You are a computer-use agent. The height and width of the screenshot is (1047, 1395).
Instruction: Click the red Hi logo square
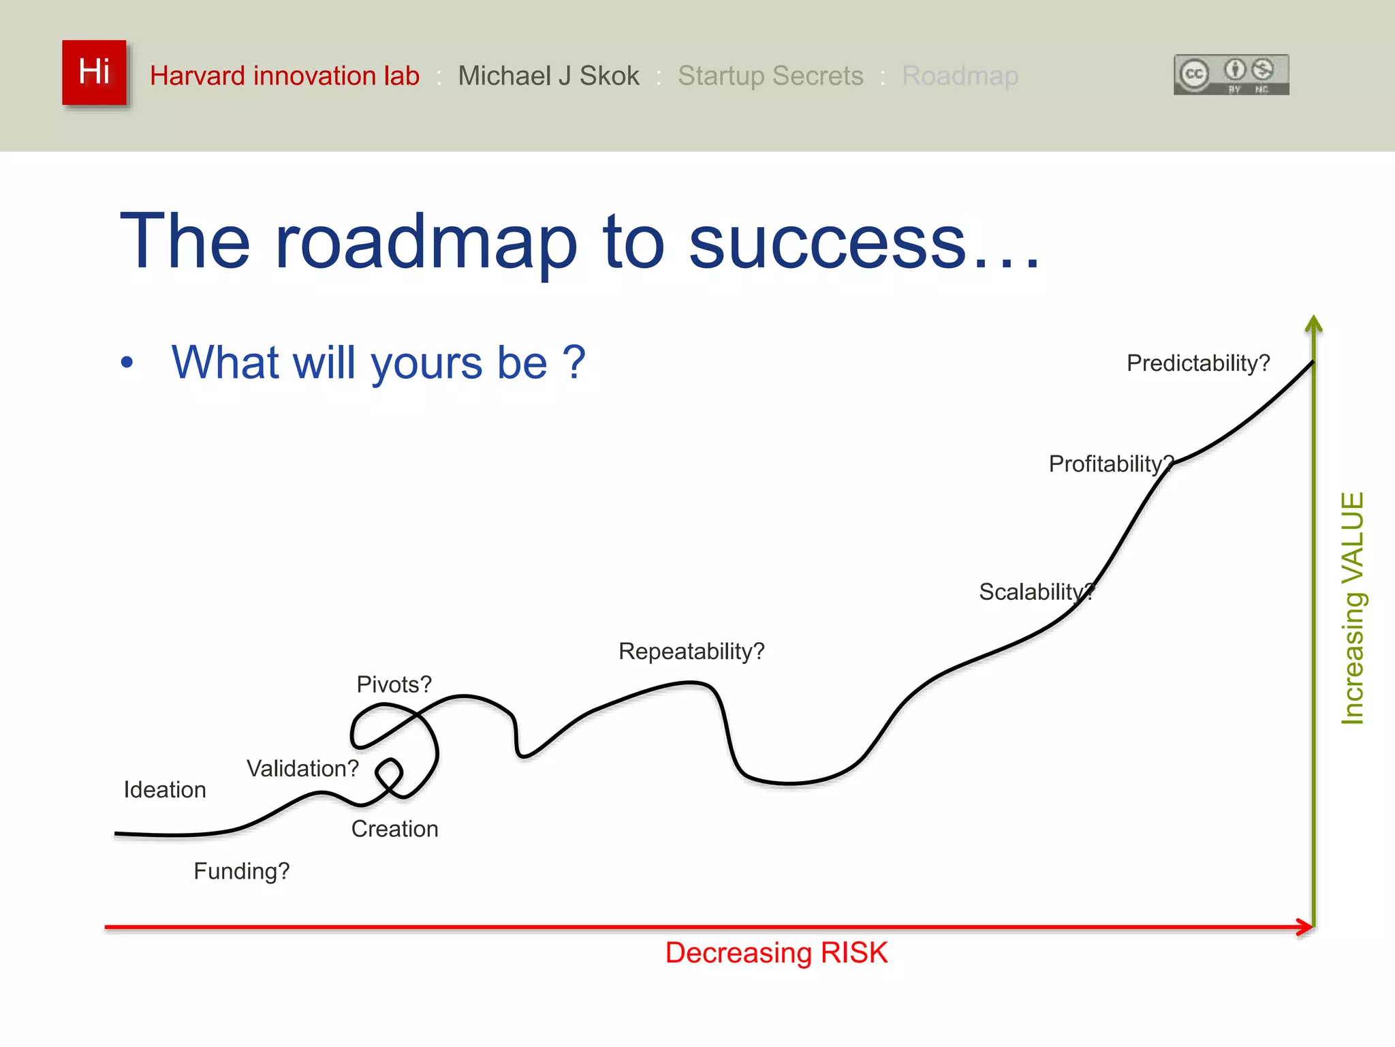point(94,72)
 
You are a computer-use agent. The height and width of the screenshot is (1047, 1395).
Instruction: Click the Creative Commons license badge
point(1231,74)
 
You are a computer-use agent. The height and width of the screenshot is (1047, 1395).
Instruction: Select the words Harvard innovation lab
point(284,76)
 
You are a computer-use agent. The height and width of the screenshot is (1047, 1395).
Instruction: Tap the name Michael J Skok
point(548,76)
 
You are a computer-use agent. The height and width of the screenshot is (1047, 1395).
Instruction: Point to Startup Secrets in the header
point(770,76)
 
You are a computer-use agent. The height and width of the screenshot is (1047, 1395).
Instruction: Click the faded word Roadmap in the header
point(960,76)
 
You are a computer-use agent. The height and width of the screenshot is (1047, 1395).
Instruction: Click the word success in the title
point(828,242)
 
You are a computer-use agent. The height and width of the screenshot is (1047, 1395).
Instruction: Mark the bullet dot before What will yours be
point(127,363)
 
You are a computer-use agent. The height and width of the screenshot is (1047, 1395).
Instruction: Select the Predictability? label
point(1198,363)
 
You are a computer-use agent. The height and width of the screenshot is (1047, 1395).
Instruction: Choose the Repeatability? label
point(691,652)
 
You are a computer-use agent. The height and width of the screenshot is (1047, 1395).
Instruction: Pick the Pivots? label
point(394,684)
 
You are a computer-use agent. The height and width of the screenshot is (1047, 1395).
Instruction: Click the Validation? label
point(302,769)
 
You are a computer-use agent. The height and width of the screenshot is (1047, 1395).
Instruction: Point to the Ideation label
point(165,790)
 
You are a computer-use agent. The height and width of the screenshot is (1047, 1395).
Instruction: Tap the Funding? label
point(242,871)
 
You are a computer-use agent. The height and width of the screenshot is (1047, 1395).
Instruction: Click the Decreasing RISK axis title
point(776,953)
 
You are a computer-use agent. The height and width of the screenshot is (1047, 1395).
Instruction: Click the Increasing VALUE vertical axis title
point(1352,608)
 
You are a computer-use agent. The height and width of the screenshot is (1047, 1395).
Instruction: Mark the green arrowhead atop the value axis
point(1313,323)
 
